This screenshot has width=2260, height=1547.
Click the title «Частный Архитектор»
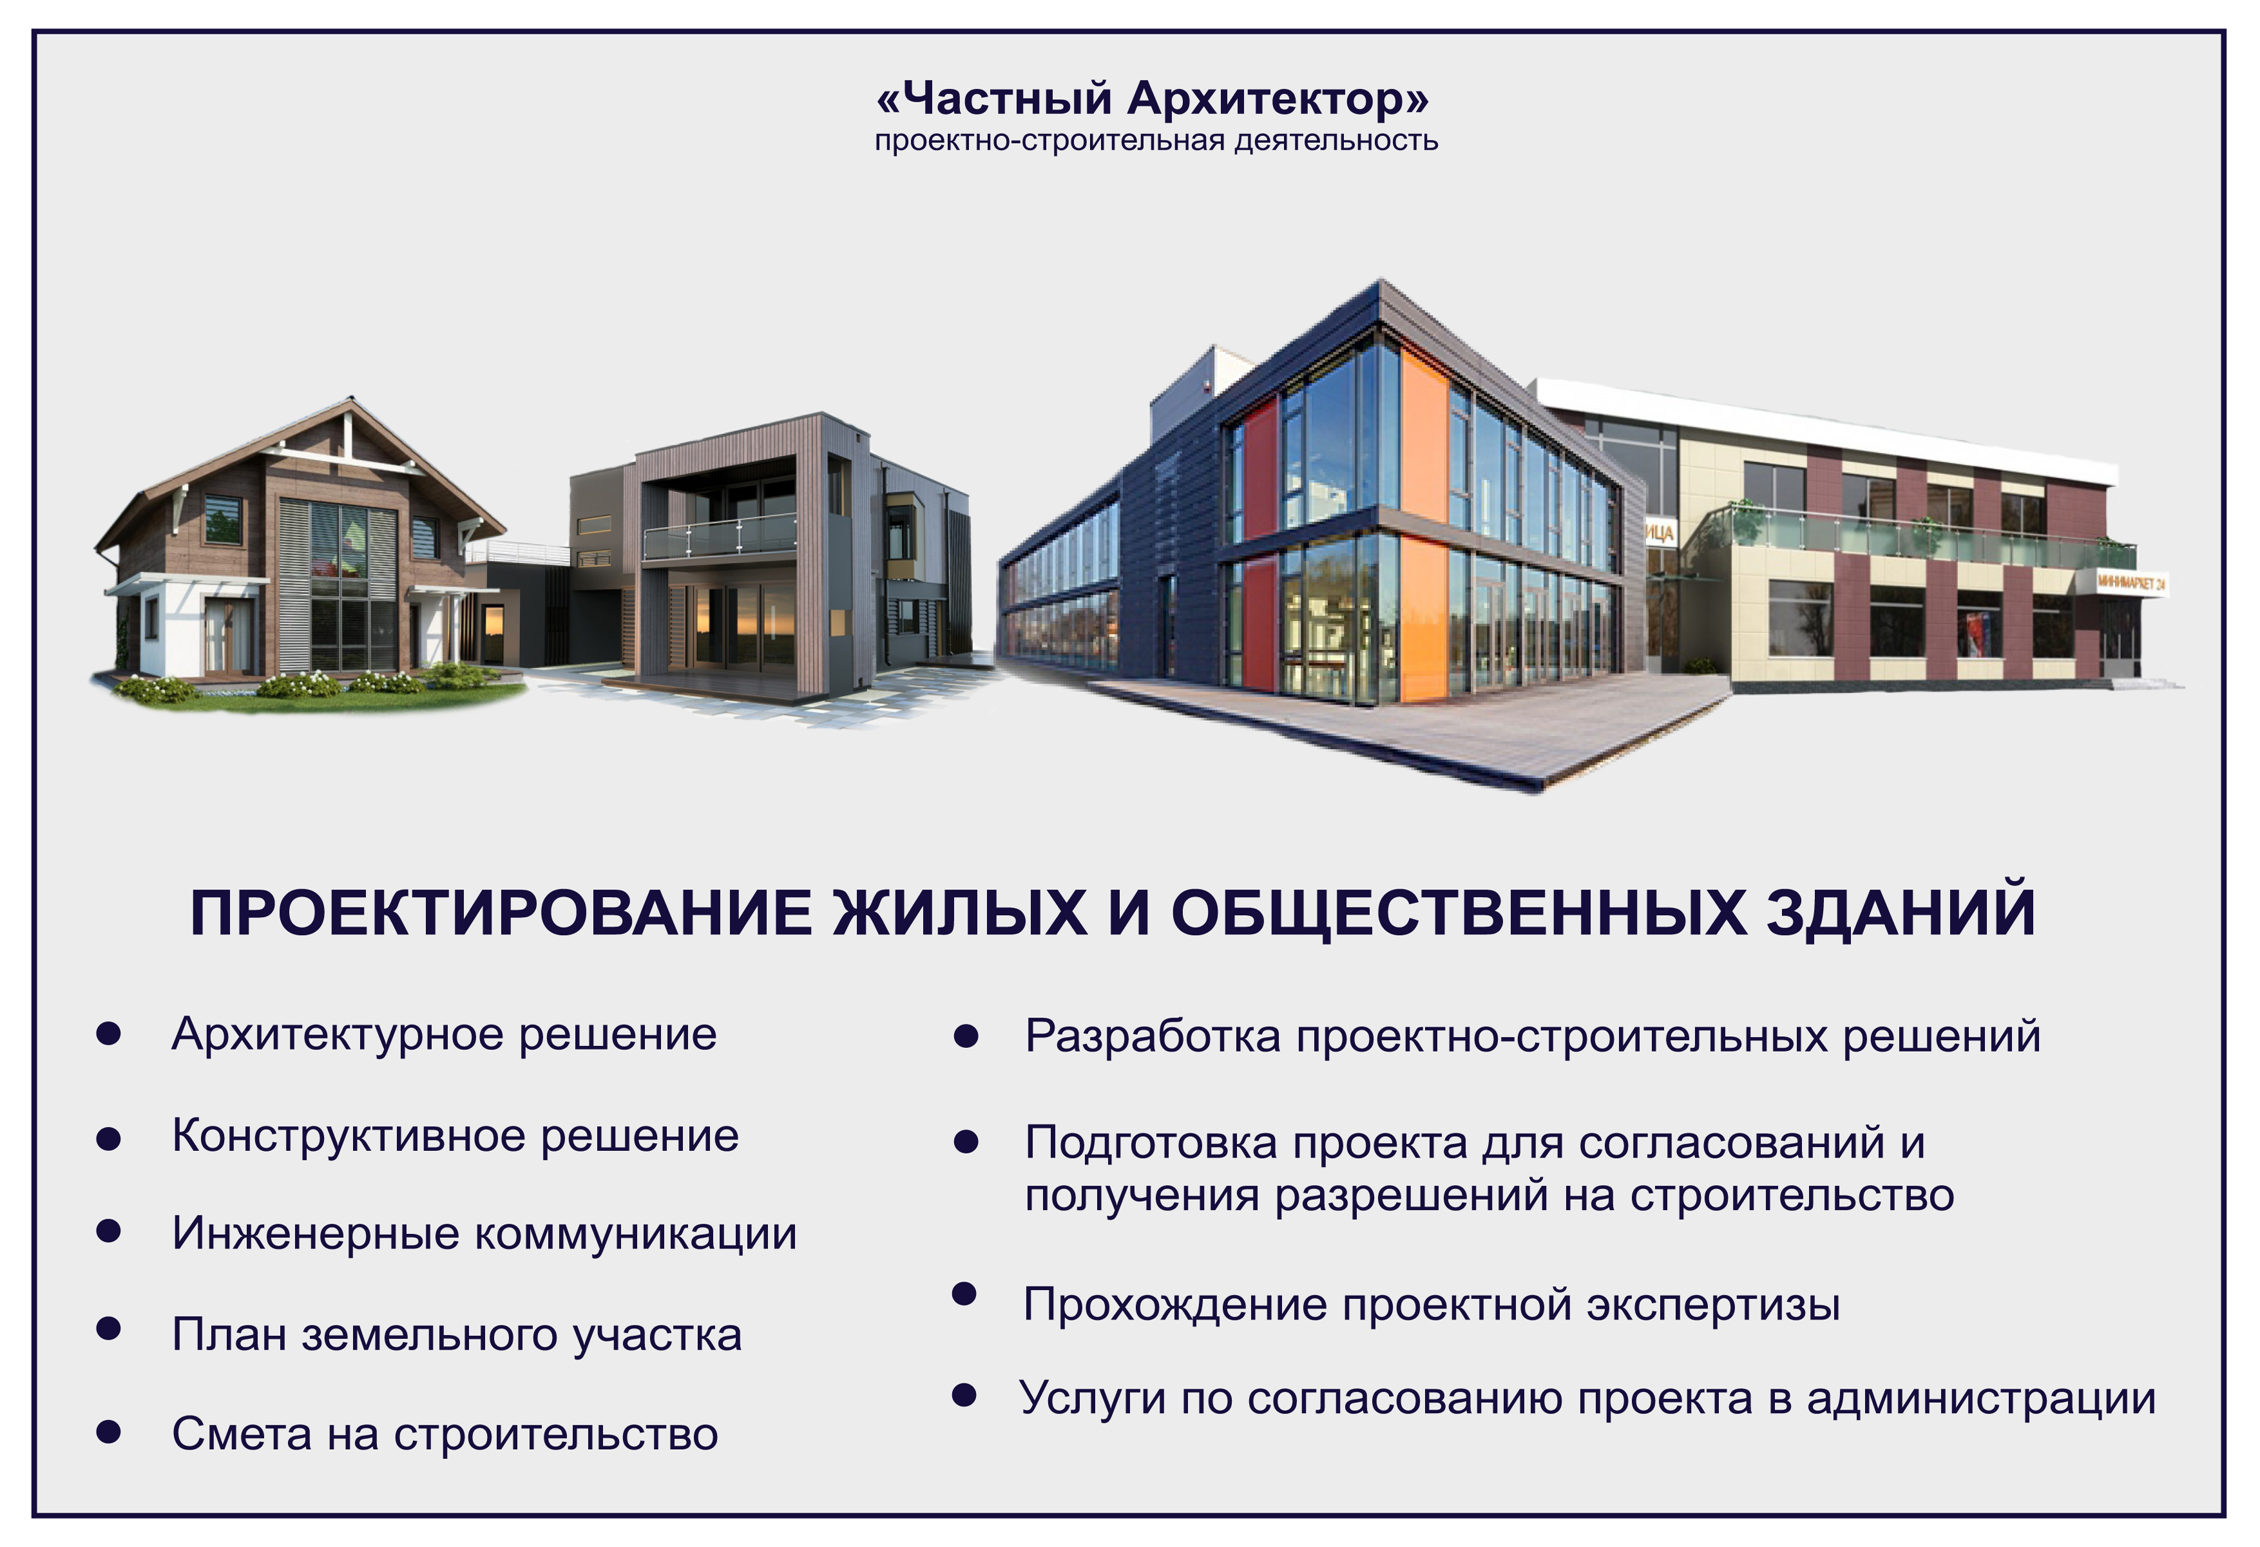click(x=1153, y=98)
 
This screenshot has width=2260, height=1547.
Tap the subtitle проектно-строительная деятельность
click(x=1156, y=141)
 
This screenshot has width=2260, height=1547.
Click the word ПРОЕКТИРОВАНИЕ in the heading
click(x=501, y=913)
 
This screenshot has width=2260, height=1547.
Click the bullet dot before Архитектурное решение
click(x=109, y=1034)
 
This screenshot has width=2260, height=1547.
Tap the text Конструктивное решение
click(x=455, y=1135)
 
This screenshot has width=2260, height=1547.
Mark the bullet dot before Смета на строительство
click(x=109, y=1431)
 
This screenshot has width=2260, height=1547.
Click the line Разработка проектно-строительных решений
click(x=1533, y=1036)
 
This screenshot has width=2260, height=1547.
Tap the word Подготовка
click(x=1151, y=1143)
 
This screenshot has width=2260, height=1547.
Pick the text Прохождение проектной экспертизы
click(x=1432, y=1305)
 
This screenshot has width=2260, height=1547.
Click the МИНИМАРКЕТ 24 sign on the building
click(x=2131, y=584)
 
